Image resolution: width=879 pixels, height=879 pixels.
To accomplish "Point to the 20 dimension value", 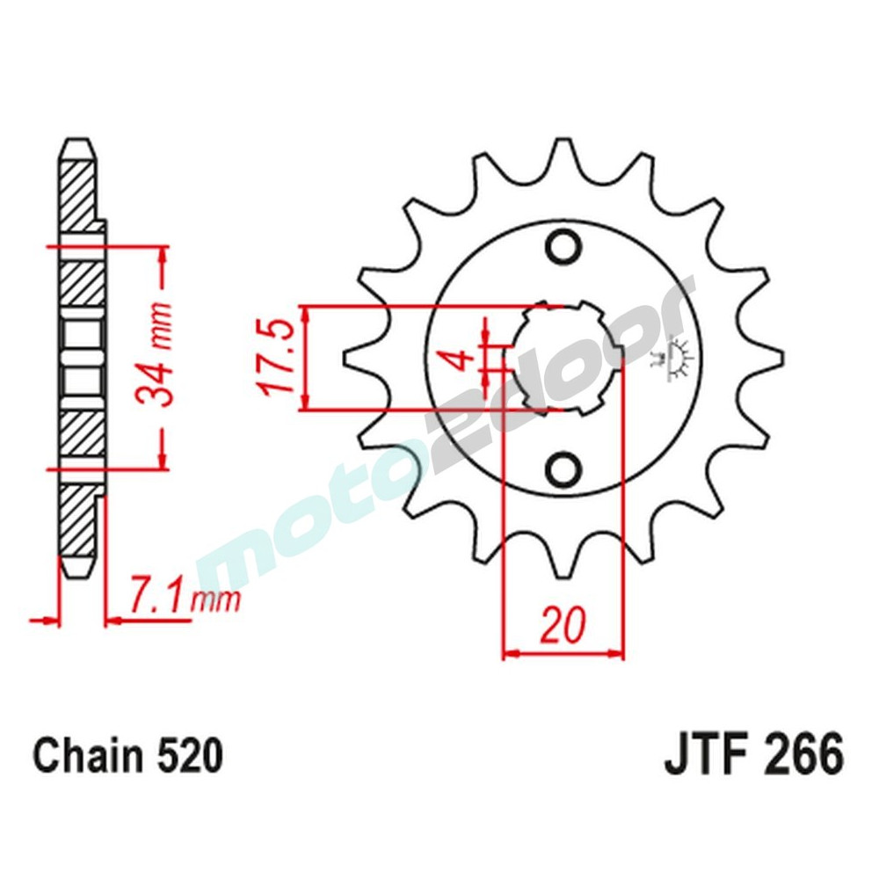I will tap(563, 626).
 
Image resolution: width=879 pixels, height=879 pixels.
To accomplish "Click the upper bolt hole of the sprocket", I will tap(563, 245).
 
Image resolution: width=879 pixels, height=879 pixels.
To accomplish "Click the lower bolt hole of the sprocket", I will tap(563, 469).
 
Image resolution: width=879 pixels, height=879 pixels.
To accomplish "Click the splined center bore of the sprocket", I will tap(563, 357).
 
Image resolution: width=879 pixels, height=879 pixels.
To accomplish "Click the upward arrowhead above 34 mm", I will tap(163, 254).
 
